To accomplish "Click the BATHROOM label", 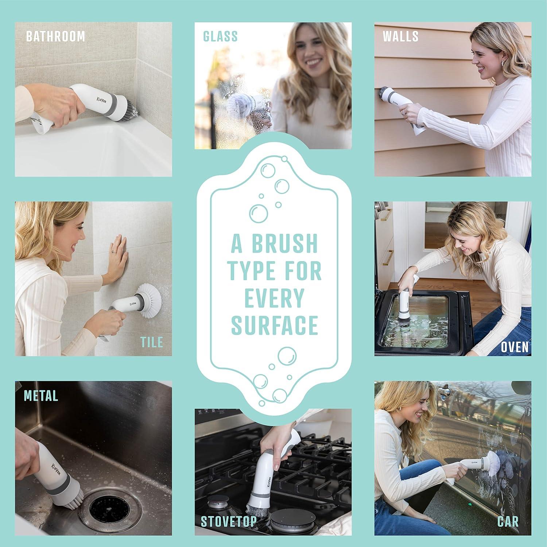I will pos(55,36).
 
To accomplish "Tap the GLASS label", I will pos(220,36).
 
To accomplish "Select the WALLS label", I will pos(400,36).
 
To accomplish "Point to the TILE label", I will pos(151,342).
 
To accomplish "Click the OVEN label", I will pos(514,347).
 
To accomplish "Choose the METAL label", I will pos(41,396).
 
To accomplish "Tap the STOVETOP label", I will pos(229,521).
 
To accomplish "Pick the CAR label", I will pos(508,521).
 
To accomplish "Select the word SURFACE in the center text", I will pos(275,325).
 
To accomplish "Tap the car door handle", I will pos(443,391).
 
